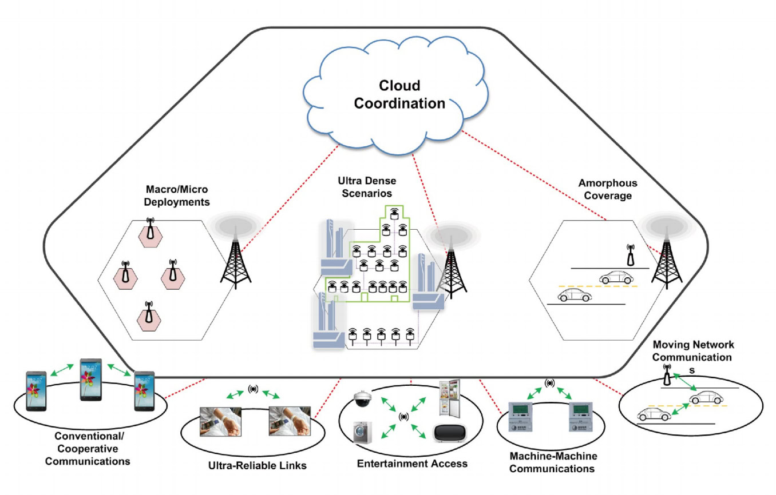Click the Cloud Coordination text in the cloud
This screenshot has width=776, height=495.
(x=399, y=94)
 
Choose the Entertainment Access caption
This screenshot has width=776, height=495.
(x=412, y=463)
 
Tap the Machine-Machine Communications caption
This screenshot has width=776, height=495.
(x=553, y=462)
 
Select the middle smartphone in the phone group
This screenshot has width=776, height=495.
(x=91, y=379)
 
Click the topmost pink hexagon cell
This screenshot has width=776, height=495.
(x=150, y=232)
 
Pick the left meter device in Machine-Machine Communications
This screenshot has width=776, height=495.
(x=521, y=416)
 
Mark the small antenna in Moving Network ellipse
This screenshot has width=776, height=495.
(x=667, y=376)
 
